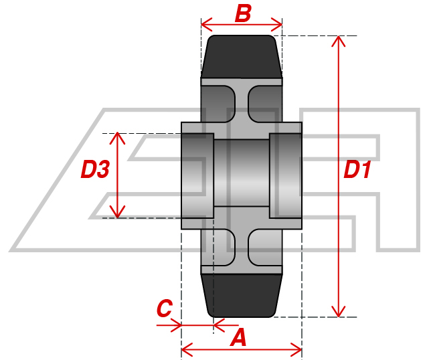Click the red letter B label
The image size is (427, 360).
[x=243, y=13]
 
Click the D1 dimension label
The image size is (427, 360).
[x=357, y=170]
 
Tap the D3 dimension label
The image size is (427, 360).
[x=95, y=169]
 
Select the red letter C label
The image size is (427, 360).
[x=165, y=308]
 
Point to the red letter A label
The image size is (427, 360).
[x=238, y=337]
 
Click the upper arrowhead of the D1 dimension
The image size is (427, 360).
[x=338, y=41]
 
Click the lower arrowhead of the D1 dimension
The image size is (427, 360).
[x=338, y=312]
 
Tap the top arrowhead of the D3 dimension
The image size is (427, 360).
[x=117, y=138]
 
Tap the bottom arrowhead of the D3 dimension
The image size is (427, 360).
[x=117, y=212]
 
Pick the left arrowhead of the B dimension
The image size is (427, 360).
[x=207, y=25]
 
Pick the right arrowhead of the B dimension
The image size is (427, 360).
[x=276, y=25]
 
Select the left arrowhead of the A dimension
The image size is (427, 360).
[x=187, y=350]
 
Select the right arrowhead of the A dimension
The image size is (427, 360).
[x=296, y=350]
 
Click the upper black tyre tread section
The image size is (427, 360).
[x=242, y=56]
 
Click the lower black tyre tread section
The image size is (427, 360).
[x=242, y=296]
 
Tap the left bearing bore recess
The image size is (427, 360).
[x=197, y=175]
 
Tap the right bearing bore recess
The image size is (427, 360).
[x=286, y=175]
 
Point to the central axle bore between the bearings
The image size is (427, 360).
[x=242, y=173]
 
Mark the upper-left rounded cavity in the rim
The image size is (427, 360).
[x=218, y=104]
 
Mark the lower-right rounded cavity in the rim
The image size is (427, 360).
[x=265, y=248]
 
